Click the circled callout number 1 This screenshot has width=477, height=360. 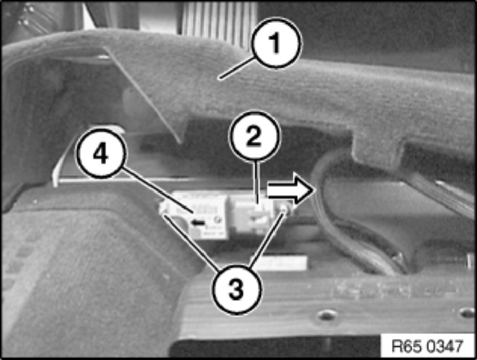point(275,43)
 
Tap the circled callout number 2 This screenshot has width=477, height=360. point(254,136)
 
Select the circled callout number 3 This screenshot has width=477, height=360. point(236,289)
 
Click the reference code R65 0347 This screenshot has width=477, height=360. point(427,346)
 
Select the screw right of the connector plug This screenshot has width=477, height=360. point(284,208)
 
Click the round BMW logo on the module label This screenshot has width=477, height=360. point(219,220)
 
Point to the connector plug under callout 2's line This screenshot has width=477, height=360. point(250,214)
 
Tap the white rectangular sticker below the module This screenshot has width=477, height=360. point(280,263)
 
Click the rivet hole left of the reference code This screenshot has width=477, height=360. point(326,315)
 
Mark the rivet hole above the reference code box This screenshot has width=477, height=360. point(467,312)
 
